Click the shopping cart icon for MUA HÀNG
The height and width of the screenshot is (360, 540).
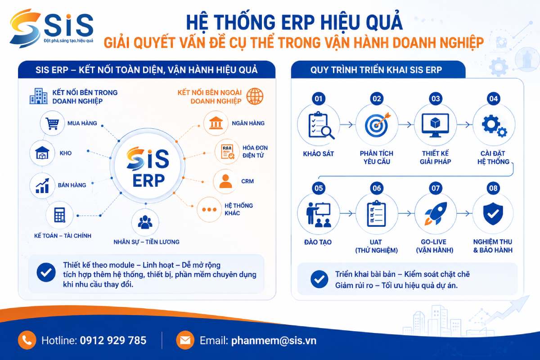pos(52,123)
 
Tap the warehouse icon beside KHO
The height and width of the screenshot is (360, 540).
pos(42,153)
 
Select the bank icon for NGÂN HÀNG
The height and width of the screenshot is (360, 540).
pos(216,123)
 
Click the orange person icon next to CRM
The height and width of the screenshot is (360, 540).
pos(225,181)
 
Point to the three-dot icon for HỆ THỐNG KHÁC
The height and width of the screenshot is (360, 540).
pos(209,210)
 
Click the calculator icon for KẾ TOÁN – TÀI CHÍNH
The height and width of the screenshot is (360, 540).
pos(59,215)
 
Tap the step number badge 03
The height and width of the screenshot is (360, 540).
pos(436,99)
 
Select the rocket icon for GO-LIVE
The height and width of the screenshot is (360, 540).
pos(436,214)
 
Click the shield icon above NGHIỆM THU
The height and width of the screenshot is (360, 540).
pos(493,214)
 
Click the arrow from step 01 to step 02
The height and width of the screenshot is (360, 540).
pos(346,125)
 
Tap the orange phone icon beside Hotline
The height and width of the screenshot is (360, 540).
pos(27,340)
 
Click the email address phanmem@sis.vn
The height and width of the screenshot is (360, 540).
pos(274,341)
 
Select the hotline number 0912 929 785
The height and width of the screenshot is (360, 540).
pos(113,341)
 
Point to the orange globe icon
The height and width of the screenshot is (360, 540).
pos(255,96)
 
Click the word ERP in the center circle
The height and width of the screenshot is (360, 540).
pos(148,180)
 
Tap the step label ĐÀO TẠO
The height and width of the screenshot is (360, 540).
pos(318,242)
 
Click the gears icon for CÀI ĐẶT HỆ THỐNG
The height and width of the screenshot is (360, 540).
pos(494,126)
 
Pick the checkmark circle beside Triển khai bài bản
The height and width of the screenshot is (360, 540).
pos(319,279)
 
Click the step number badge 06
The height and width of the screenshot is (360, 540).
pos(377,188)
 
